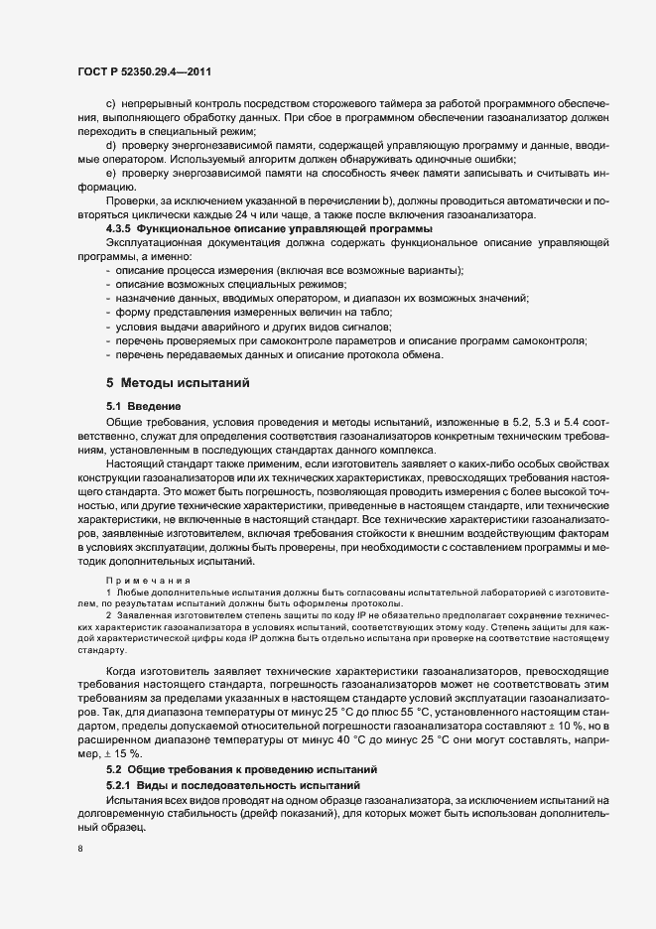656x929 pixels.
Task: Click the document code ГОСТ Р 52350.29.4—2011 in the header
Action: click(144, 71)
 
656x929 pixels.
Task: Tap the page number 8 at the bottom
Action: click(80, 849)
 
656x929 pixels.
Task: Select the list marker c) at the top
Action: click(110, 103)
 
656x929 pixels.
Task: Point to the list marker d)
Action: click(110, 146)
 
